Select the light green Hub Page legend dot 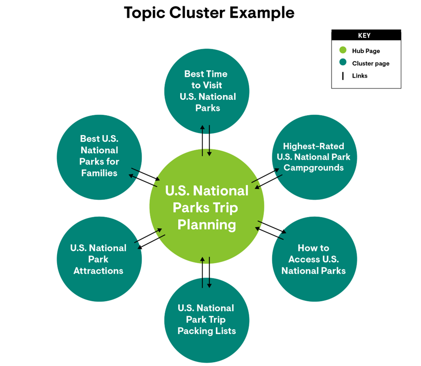pos(343,51)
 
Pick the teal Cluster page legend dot pos(343,63)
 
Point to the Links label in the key pos(360,76)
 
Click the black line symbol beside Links pos(343,76)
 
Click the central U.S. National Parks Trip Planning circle pos(207,207)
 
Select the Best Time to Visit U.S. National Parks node pos(207,91)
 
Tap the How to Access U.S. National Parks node pos(314,259)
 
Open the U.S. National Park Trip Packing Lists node pos(207,319)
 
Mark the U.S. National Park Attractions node pos(99,259)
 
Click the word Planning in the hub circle pos(207,225)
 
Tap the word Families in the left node pos(99,173)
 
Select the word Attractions pos(98,271)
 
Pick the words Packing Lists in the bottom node pos(207,331)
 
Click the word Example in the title pos(262,13)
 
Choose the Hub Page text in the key pos(366,51)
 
